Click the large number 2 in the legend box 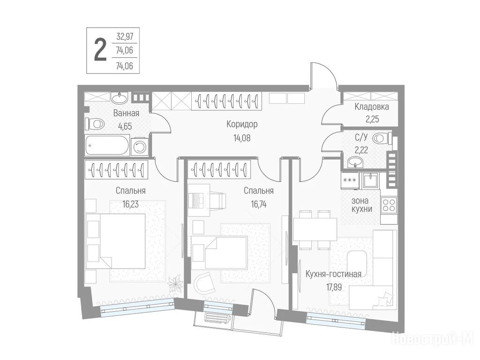100,50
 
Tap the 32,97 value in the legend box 125,37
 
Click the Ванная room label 126,113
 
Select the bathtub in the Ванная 107,145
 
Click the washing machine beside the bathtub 140,147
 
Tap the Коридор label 242,124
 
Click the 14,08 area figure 242,138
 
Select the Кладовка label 372,107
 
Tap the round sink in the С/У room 355,162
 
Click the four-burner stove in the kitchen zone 389,205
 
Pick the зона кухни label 361,205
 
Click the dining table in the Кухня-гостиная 315,229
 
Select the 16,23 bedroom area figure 130,204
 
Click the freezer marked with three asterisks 350,180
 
